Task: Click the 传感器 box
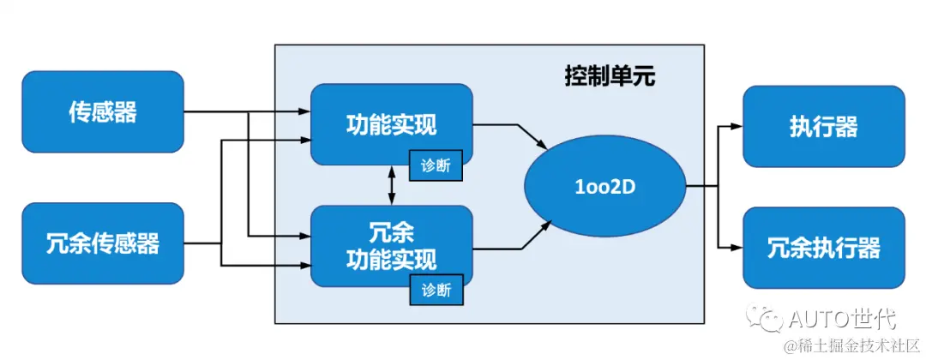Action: coord(102,111)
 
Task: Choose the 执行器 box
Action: coord(823,126)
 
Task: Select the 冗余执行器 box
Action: coord(823,248)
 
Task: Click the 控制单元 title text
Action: coord(610,76)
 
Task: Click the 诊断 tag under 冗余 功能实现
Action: coord(436,289)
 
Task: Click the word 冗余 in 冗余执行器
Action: coord(785,248)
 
